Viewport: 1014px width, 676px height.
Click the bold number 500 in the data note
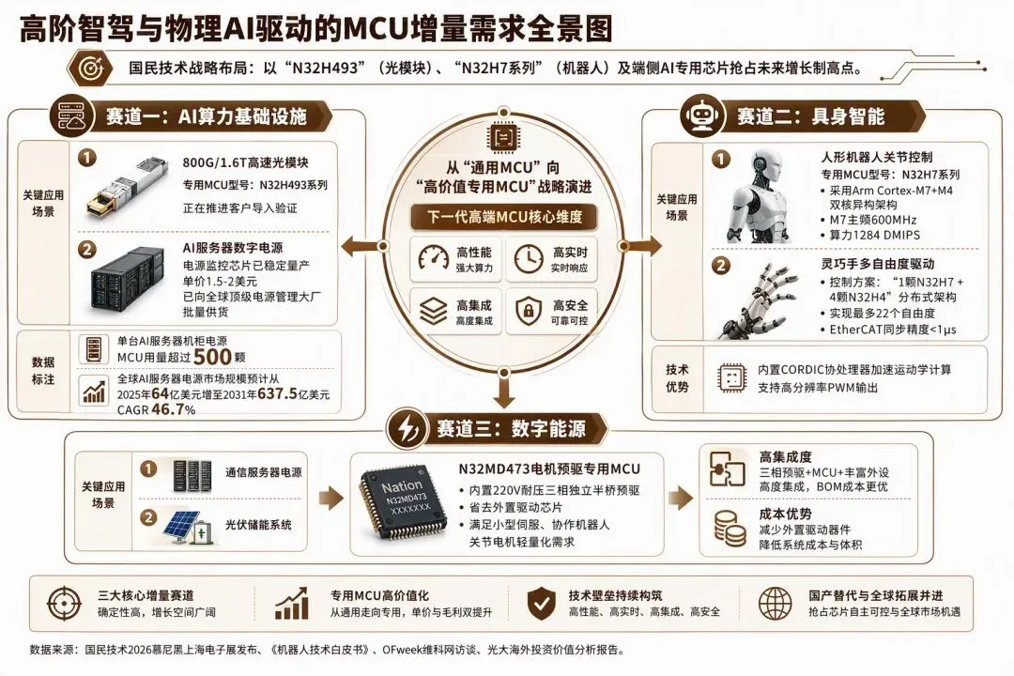pyautogui.click(x=212, y=357)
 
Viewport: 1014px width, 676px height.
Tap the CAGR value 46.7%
pyautogui.click(x=174, y=409)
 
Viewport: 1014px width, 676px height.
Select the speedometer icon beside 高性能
pyautogui.click(x=433, y=259)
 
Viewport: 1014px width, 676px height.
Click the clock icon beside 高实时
pyautogui.click(x=529, y=259)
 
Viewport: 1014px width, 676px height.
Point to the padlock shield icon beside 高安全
pyautogui.click(x=529, y=311)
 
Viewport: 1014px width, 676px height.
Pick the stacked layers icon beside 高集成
pyautogui.click(x=433, y=311)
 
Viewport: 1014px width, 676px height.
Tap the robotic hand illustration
pyautogui.click(x=757, y=299)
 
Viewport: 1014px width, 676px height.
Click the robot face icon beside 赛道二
pyautogui.click(x=702, y=116)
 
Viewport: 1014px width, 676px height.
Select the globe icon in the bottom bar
pyautogui.click(x=775, y=604)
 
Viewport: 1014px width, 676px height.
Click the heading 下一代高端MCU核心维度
pyautogui.click(x=505, y=217)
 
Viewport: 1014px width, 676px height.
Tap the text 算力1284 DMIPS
pyautogui.click(x=874, y=236)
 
